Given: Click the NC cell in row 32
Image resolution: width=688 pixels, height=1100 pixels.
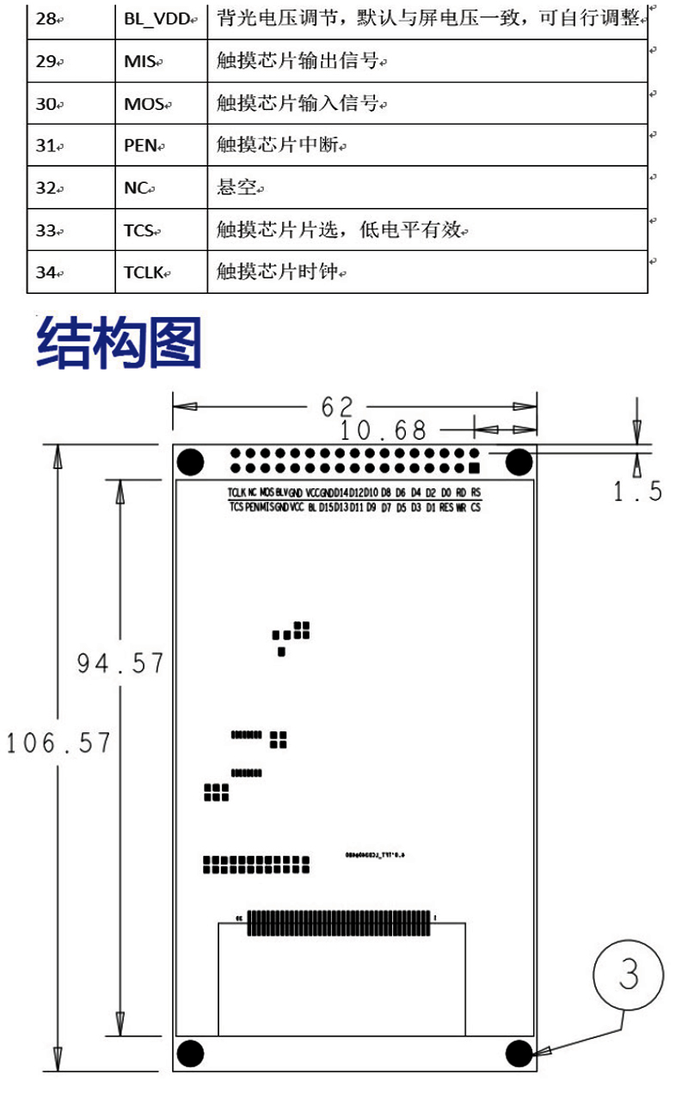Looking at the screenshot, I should click(138, 188).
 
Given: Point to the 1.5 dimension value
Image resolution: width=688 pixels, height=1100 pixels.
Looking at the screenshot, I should click(637, 492).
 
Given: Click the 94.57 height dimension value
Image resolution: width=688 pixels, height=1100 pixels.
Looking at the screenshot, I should click(120, 663).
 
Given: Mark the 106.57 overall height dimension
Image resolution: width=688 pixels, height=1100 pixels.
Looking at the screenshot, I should click(58, 742).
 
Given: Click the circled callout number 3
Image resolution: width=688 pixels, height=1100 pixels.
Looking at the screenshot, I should click(629, 975).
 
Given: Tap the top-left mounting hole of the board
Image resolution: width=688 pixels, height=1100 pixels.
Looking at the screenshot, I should click(190, 462).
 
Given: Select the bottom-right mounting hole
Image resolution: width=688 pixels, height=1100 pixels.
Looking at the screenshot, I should click(519, 1054).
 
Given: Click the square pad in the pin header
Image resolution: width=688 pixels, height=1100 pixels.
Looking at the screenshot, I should click(474, 468).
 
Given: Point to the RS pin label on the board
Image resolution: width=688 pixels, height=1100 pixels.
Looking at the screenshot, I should click(476, 492).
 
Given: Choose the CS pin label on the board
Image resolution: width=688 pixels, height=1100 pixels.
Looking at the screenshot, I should click(476, 508).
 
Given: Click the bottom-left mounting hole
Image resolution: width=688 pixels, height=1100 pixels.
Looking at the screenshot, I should click(190, 1054).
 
